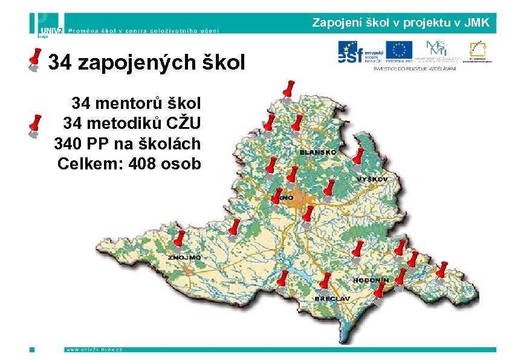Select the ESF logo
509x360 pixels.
click(x=359, y=52)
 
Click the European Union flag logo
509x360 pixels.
click(x=399, y=51)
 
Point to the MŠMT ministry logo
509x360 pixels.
click(x=437, y=51)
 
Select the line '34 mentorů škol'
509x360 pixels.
click(x=137, y=102)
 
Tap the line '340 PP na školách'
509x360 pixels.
click(x=128, y=143)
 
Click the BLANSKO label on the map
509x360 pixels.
click(x=317, y=152)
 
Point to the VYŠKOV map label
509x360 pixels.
click(x=376, y=180)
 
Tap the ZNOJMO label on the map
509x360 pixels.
click(x=185, y=258)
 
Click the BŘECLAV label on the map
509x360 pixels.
click(x=332, y=299)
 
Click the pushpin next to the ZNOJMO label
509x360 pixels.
click(x=180, y=241)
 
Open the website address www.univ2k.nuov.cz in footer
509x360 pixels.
click(x=94, y=349)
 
